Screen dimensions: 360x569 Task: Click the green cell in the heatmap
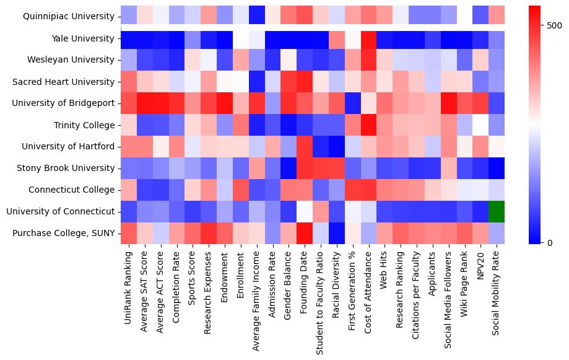[497, 211]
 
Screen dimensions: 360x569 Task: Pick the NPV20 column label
[481, 267]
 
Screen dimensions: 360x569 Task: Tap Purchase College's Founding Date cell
[304, 233]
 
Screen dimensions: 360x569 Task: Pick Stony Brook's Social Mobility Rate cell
[497, 168]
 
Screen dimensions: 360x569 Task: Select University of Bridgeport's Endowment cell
[224, 103]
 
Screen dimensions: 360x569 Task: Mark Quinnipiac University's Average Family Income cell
[256, 17]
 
